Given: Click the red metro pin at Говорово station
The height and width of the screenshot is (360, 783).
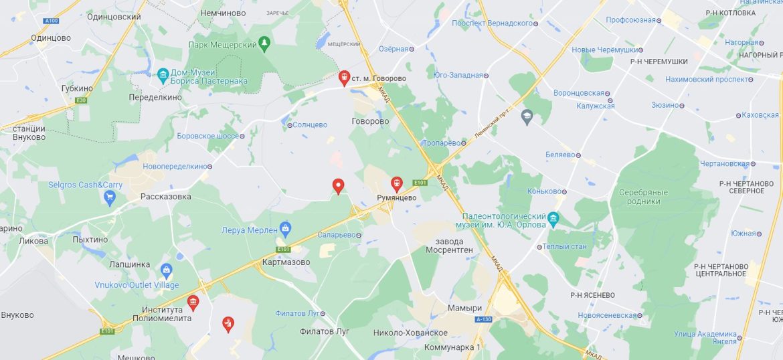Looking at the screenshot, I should coord(344,78).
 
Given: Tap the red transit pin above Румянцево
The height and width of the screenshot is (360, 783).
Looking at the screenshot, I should coord(397,183).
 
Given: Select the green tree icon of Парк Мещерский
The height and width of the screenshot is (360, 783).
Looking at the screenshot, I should coord(264,44).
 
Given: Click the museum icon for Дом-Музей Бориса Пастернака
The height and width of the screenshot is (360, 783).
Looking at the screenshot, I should coord(163,74).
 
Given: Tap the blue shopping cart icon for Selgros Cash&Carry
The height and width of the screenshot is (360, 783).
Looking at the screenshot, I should coord(110,197).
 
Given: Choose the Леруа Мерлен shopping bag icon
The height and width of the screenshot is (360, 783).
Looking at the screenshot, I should coord(285,229).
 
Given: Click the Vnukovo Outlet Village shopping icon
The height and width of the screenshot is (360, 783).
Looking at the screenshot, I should coord(167,271).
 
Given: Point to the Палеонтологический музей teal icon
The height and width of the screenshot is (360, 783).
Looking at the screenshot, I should coord(553,219).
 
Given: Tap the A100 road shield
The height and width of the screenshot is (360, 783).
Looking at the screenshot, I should coord(51,21).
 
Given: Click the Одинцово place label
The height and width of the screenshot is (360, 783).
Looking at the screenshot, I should coord(50,38).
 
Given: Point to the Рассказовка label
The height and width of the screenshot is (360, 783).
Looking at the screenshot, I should coord(165,197).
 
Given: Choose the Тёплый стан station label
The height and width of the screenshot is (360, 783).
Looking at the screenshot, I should coord(564,246).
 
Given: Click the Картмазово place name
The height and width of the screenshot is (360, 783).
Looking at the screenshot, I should coord(286,262).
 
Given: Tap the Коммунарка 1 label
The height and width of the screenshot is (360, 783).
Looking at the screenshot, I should coord(452,347).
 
